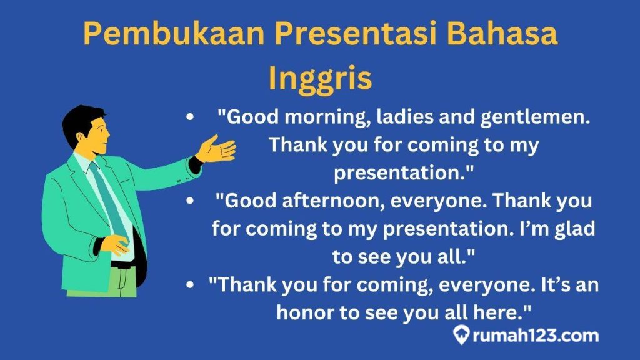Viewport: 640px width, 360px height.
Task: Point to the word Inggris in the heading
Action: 320,79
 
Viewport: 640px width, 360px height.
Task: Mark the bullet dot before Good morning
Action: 189,117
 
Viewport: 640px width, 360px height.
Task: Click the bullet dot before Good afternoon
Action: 189,201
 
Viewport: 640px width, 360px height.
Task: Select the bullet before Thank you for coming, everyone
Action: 189,284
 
